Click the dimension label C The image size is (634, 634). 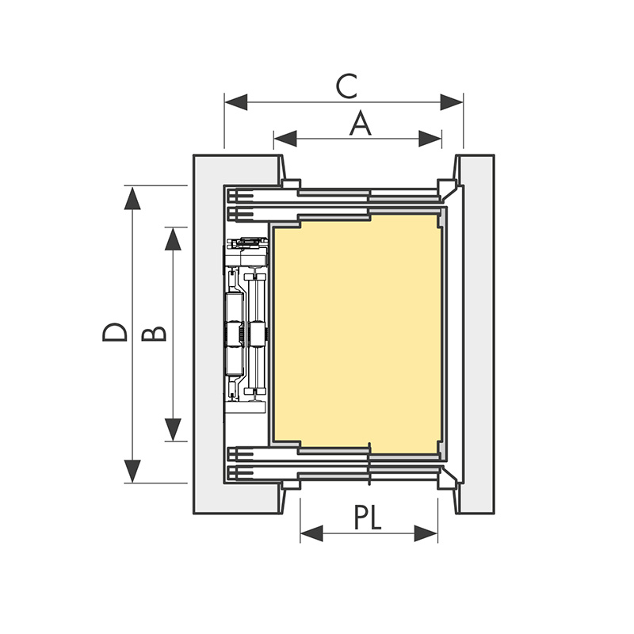coord(346,86)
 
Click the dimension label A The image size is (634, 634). coord(361,124)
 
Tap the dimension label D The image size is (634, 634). coord(115,332)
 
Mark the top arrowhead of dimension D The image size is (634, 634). coord(132,197)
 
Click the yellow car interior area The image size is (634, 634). coord(357,333)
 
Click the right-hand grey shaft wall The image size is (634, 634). coord(478,333)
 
